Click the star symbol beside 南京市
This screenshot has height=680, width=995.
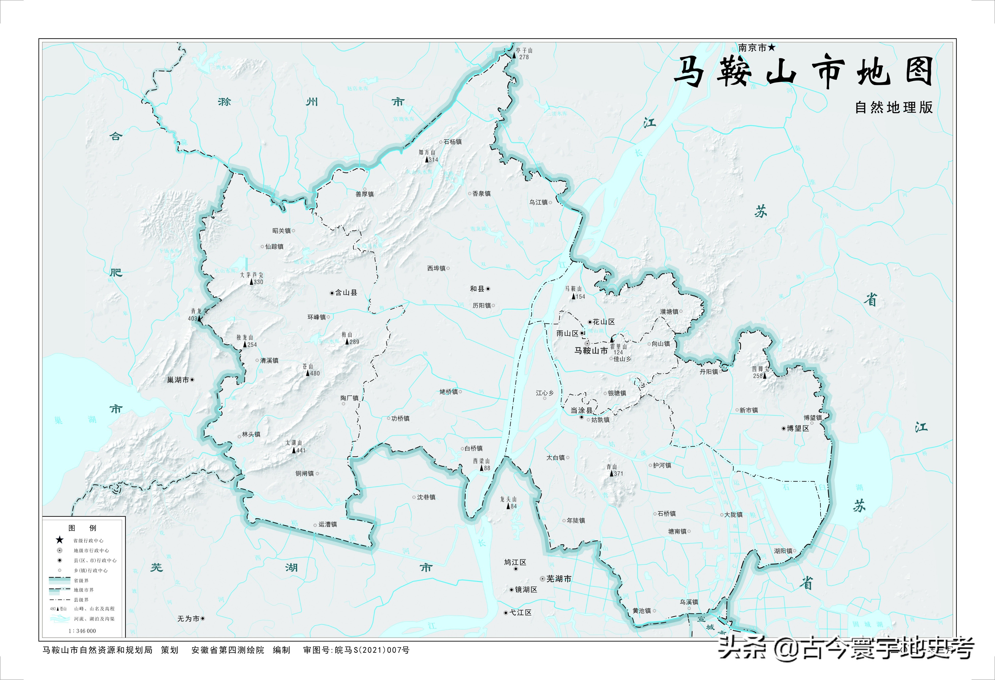point(771,48)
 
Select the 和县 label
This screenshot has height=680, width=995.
point(477,289)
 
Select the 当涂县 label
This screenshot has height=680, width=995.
point(581,410)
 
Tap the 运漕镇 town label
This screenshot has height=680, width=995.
point(327,524)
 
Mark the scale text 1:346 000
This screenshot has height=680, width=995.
point(82,631)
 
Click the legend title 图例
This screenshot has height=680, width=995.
point(82,528)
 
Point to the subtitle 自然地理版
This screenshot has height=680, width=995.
point(894,108)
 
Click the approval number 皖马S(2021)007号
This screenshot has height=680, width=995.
point(372,650)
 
